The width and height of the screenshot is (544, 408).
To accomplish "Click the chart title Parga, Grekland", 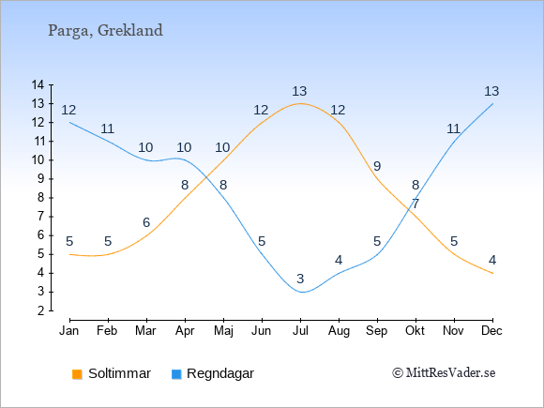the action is pyautogui.click(x=105, y=31).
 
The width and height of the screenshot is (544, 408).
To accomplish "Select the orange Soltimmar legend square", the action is pyautogui.click(x=77, y=374).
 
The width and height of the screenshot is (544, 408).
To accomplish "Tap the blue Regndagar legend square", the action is pyautogui.click(x=176, y=374).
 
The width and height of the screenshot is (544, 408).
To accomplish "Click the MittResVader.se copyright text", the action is pyautogui.click(x=444, y=373).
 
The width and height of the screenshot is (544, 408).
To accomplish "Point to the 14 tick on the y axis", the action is pyautogui.click(x=38, y=84).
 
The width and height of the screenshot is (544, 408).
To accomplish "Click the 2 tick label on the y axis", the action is pyautogui.click(x=41, y=310).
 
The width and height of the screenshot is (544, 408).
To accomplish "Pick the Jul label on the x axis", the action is pyautogui.click(x=300, y=331).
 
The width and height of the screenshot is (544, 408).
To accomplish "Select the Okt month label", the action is pyautogui.click(x=415, y=331).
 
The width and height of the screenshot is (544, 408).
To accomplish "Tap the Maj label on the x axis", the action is pyautogui.click(x=223, y=331).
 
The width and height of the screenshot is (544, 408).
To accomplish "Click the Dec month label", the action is pyautogui.click(x=492, y=331).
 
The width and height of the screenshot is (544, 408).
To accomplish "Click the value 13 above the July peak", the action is pyautogui.click(x=299, y=92).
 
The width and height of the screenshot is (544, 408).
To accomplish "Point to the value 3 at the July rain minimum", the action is pyautogui.click(x=300, y=279).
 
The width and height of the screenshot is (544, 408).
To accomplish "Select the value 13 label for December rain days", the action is pyautogui.click(x=491, y=92).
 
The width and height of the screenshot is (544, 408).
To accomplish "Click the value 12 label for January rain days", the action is pyautogui.click(x=68, y=111).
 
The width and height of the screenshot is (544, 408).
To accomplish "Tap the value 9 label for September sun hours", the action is pyautogui.click(x=377, y=167).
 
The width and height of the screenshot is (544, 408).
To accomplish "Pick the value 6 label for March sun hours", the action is pyautogui.click(x=146, y=222).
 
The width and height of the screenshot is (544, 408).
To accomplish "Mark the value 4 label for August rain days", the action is pyautogui.click(x=339, y=260).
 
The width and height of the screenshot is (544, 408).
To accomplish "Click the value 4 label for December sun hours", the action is pyautogui.click(x=492, y=260).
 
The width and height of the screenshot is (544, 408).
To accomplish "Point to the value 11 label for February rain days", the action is pyautogui.click(x=107, y=129).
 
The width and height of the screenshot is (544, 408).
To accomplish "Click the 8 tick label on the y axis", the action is pyautogui.click(x=41, y=198).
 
